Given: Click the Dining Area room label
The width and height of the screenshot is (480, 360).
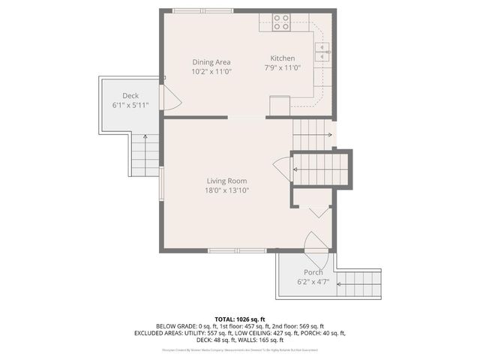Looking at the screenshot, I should [211, 62].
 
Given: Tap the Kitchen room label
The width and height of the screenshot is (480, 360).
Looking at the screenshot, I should [283, 58].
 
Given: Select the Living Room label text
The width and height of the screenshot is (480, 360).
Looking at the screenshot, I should [227, 181].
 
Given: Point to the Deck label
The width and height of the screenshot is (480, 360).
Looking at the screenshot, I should [131, 95].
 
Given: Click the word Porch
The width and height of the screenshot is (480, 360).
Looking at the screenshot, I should [313, 271].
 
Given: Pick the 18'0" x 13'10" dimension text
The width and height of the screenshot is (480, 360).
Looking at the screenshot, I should [227, 190].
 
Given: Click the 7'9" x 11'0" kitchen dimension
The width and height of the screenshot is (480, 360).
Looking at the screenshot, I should [283, 67].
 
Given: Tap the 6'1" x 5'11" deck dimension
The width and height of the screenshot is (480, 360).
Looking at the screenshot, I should [131, 105].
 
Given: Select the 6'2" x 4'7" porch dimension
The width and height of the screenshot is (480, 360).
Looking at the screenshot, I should [313, 281].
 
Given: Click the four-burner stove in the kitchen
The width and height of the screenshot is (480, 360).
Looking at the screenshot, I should [281, 22].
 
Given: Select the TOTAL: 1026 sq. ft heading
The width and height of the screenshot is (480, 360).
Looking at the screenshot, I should [240, 319].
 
